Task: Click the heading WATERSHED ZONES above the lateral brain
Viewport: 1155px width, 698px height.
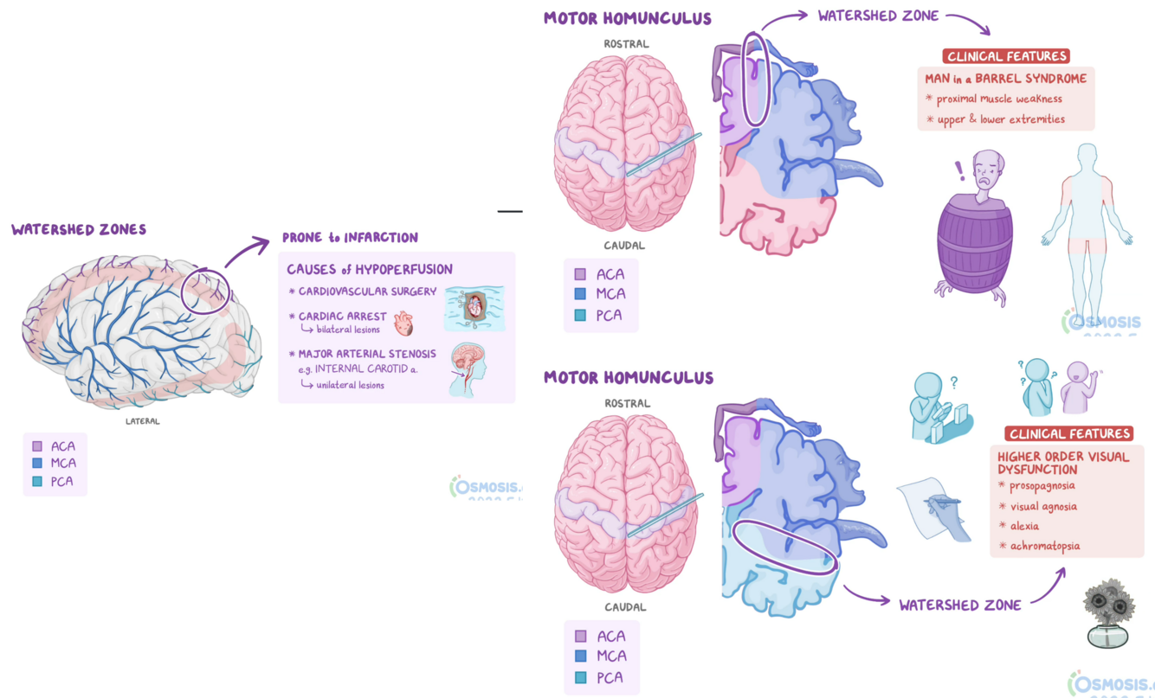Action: (x=79, y=230)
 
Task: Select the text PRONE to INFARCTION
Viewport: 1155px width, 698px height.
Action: (x=350, y=238)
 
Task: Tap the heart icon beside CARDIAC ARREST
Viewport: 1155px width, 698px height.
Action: (x=403, y=323)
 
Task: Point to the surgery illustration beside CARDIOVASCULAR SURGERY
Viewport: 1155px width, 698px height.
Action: (x=474, y=308)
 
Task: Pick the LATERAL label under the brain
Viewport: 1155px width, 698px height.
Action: (x=143, y=421)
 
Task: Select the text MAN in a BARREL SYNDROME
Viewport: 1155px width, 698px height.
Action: (x=1005, y=79)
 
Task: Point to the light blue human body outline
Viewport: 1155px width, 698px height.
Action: (x=1087, y=225)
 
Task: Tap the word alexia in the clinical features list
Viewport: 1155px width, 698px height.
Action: (x=1024, y=526)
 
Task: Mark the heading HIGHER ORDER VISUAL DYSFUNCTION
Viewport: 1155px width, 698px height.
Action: (x=1063, y=463)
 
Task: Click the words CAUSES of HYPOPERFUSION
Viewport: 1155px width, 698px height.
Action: (x=370, y=269)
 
